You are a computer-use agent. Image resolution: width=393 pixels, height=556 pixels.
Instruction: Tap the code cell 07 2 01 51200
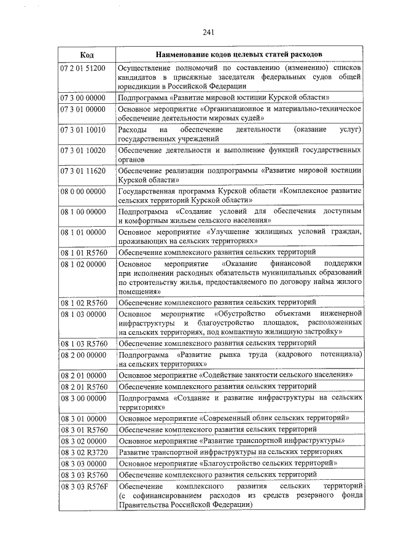point(83,66)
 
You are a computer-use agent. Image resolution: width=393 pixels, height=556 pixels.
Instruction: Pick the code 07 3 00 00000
point(83,98)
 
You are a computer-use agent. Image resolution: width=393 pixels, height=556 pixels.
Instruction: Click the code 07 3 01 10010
point(83,130)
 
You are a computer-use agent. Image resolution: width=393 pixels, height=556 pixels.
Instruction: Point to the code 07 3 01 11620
point(83,170)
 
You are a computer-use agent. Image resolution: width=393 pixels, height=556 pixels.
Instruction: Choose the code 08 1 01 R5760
point(83,252)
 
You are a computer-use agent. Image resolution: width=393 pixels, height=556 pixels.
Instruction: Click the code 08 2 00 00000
point(83,354)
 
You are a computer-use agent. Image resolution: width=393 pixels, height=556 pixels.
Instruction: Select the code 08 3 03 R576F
point(83,486)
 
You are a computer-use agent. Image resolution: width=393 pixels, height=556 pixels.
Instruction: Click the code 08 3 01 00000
point(83,418)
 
